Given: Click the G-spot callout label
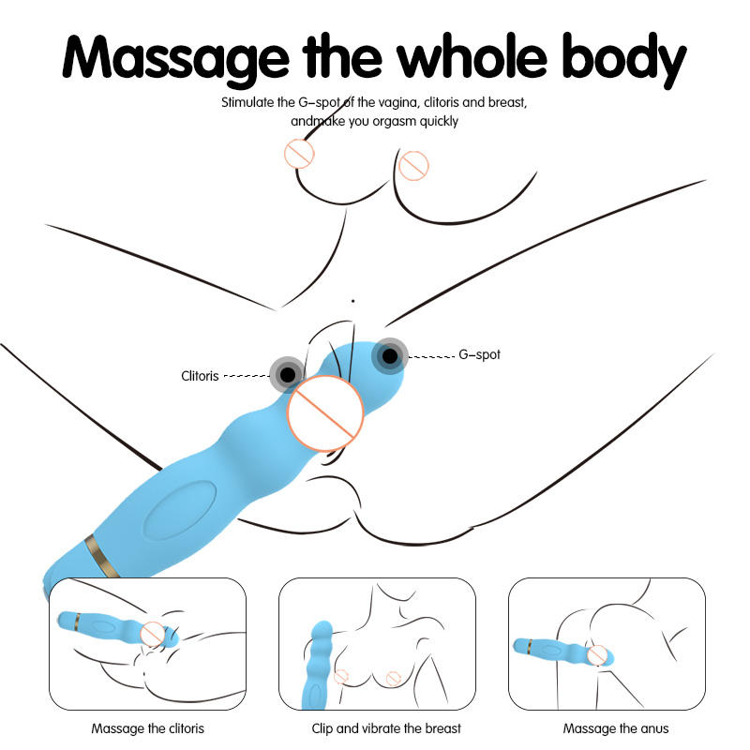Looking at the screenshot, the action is [479, 355].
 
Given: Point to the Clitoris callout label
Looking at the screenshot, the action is [200, 376].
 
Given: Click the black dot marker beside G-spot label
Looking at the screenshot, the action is [389, 355].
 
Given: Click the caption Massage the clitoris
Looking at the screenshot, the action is [147, 728].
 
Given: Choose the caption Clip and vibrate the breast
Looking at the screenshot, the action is [386, 728].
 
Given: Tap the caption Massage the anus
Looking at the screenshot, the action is [616, 728].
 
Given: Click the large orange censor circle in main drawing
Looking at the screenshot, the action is [324, 412].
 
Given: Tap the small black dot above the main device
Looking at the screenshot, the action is [352, 301].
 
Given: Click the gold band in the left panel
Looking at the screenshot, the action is [79, 620].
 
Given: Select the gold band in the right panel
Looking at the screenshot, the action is [532, 646].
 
